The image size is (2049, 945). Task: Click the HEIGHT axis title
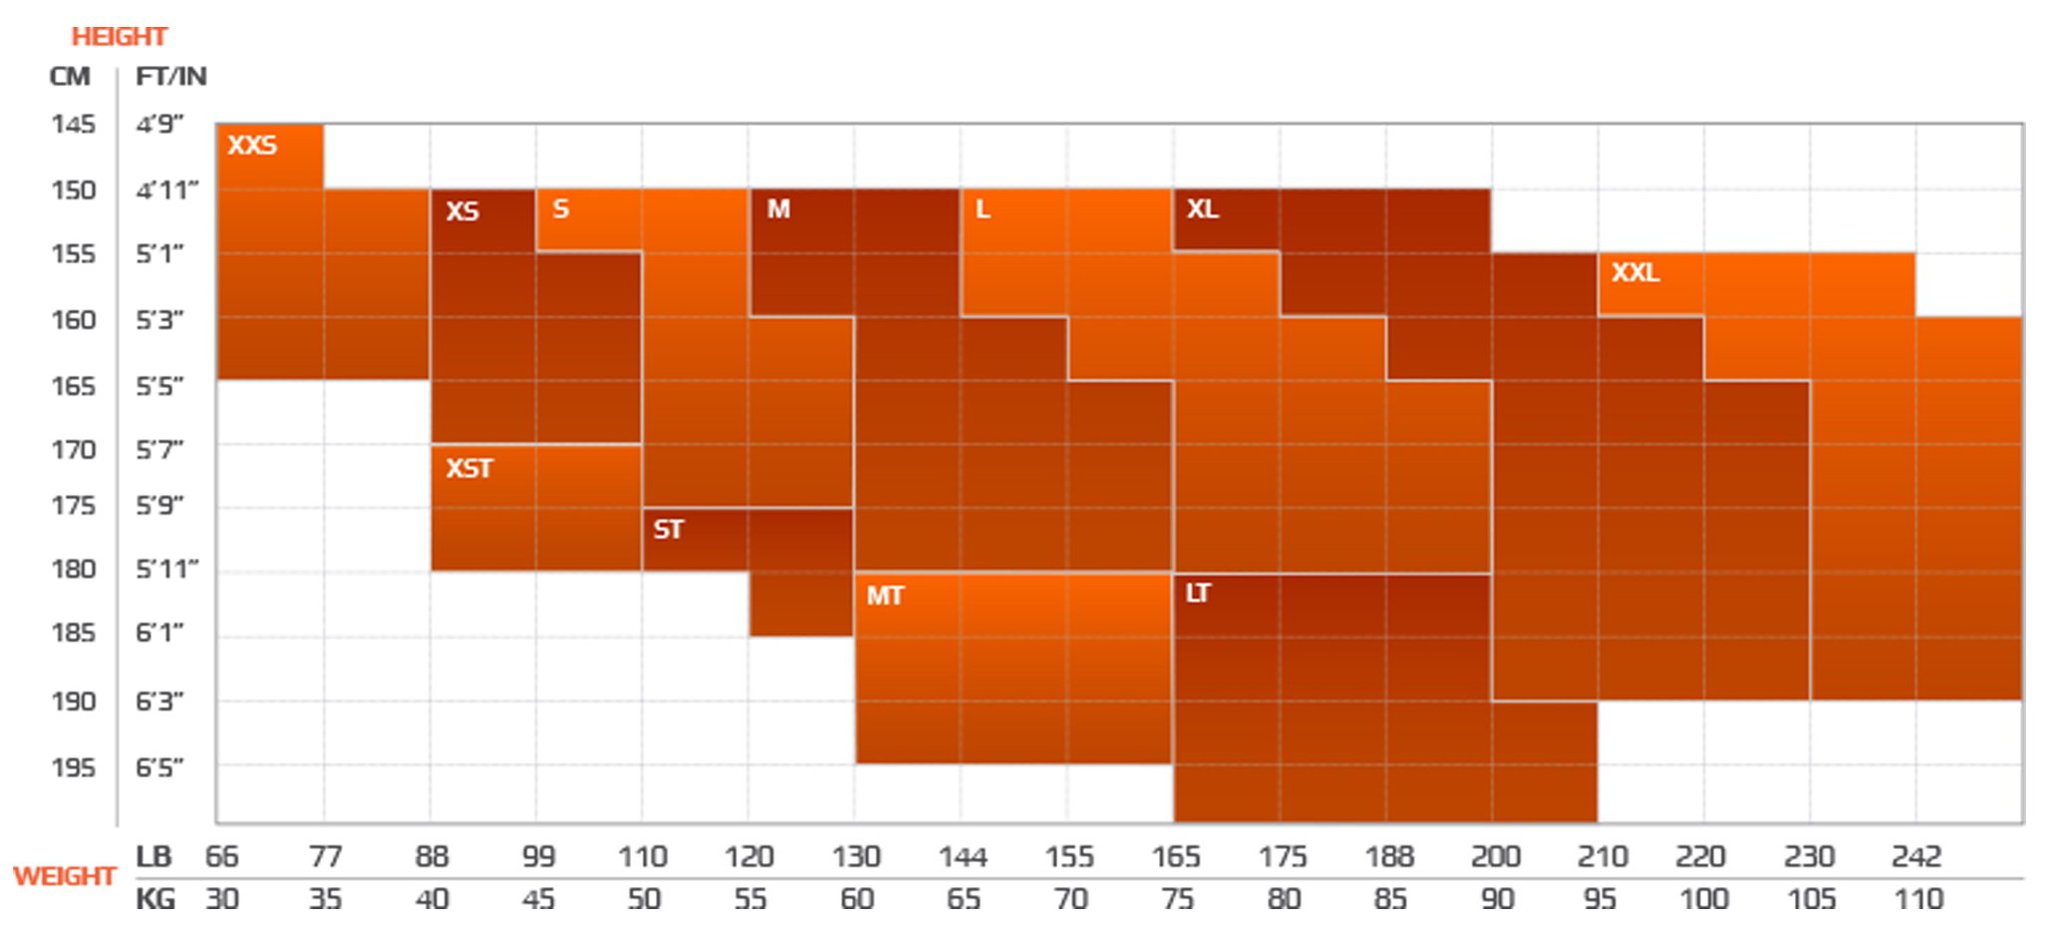click(x=119, y=37)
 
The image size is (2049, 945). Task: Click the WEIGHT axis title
click(x=65, y=877)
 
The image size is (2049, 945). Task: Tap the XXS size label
click(x=252, y=146)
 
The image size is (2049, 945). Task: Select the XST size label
click(x=469, y=469)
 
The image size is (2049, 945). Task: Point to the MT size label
click(x=885, y=596)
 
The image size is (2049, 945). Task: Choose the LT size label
click(x=1198, y=594)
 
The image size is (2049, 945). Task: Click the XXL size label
click(x=1635, y=273)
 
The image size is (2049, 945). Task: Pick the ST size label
click(x=669, y=530)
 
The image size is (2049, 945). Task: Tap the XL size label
click(x=1203, y=209)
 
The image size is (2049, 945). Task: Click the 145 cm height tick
click(x=74, y=125)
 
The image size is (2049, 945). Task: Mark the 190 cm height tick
click(x=74, y=702)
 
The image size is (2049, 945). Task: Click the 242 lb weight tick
click(x=1915, y=857)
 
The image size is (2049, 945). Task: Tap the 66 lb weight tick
click(x=222, y=857)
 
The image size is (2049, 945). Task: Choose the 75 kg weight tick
click(x=1177, y=900)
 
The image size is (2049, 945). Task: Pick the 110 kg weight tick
click(x=1918, y=900)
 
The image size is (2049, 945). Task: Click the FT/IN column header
click(x=171, y=77)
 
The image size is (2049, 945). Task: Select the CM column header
click(x=70, y=77)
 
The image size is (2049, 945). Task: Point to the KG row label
click(x=155, y=900)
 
